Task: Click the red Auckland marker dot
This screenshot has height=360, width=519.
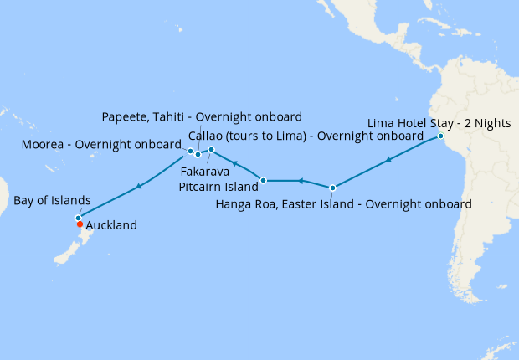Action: [80, 224]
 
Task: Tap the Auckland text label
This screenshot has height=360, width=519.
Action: [111, 225]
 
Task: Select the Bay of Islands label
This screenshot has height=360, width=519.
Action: [52, 201]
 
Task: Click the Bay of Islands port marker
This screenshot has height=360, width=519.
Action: [78, 218]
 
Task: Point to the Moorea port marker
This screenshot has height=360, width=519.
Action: [191, 152]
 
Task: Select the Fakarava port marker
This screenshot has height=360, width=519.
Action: [212, 150]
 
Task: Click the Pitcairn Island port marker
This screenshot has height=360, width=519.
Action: [264, 180]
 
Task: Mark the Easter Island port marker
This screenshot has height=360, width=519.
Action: [333, 188]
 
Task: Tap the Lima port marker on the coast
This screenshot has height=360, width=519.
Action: [440, 136]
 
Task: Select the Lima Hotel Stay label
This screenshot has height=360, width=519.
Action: [439, 123]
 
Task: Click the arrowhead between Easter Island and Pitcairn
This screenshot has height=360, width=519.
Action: [300, 180]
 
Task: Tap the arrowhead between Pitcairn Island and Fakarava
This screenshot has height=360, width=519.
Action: [235, 163]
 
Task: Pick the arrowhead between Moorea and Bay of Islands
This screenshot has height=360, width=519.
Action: [138, 185]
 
